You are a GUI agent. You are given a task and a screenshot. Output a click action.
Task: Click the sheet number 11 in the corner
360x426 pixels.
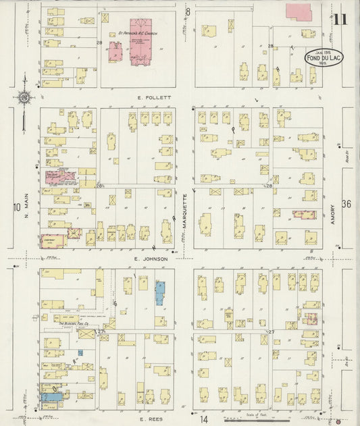[x=340, y=19]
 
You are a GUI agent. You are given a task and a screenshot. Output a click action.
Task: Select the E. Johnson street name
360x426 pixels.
[x=150, y=258]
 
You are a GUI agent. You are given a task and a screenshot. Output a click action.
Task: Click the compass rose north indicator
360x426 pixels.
[x=24, y=99]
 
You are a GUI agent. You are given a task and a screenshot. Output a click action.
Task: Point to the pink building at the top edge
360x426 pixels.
[x=299, y=11]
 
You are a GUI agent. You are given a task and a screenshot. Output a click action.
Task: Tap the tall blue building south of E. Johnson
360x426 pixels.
[x=160, y=294]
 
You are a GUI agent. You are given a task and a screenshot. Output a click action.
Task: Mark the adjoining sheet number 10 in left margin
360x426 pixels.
[x=16, y=207]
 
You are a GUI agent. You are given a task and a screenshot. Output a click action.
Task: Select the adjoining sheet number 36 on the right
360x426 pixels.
[x=346, y=204]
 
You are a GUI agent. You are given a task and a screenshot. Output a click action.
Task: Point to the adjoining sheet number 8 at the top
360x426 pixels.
[x=188, y=11]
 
